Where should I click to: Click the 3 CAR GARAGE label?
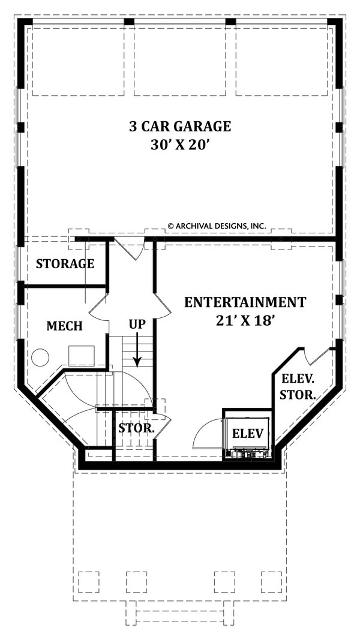click(x=180, y=127)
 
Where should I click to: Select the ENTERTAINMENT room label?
click(x=245, y=302)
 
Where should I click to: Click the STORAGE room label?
click(x=65, y=263)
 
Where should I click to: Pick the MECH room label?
click(x=64, y=326)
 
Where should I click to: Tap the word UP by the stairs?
click(x=137, y=324)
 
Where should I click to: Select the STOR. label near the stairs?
click(x=136, y=429)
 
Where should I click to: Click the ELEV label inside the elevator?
click(x=248, y=433)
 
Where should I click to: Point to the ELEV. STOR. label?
click(x=299, y=386)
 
